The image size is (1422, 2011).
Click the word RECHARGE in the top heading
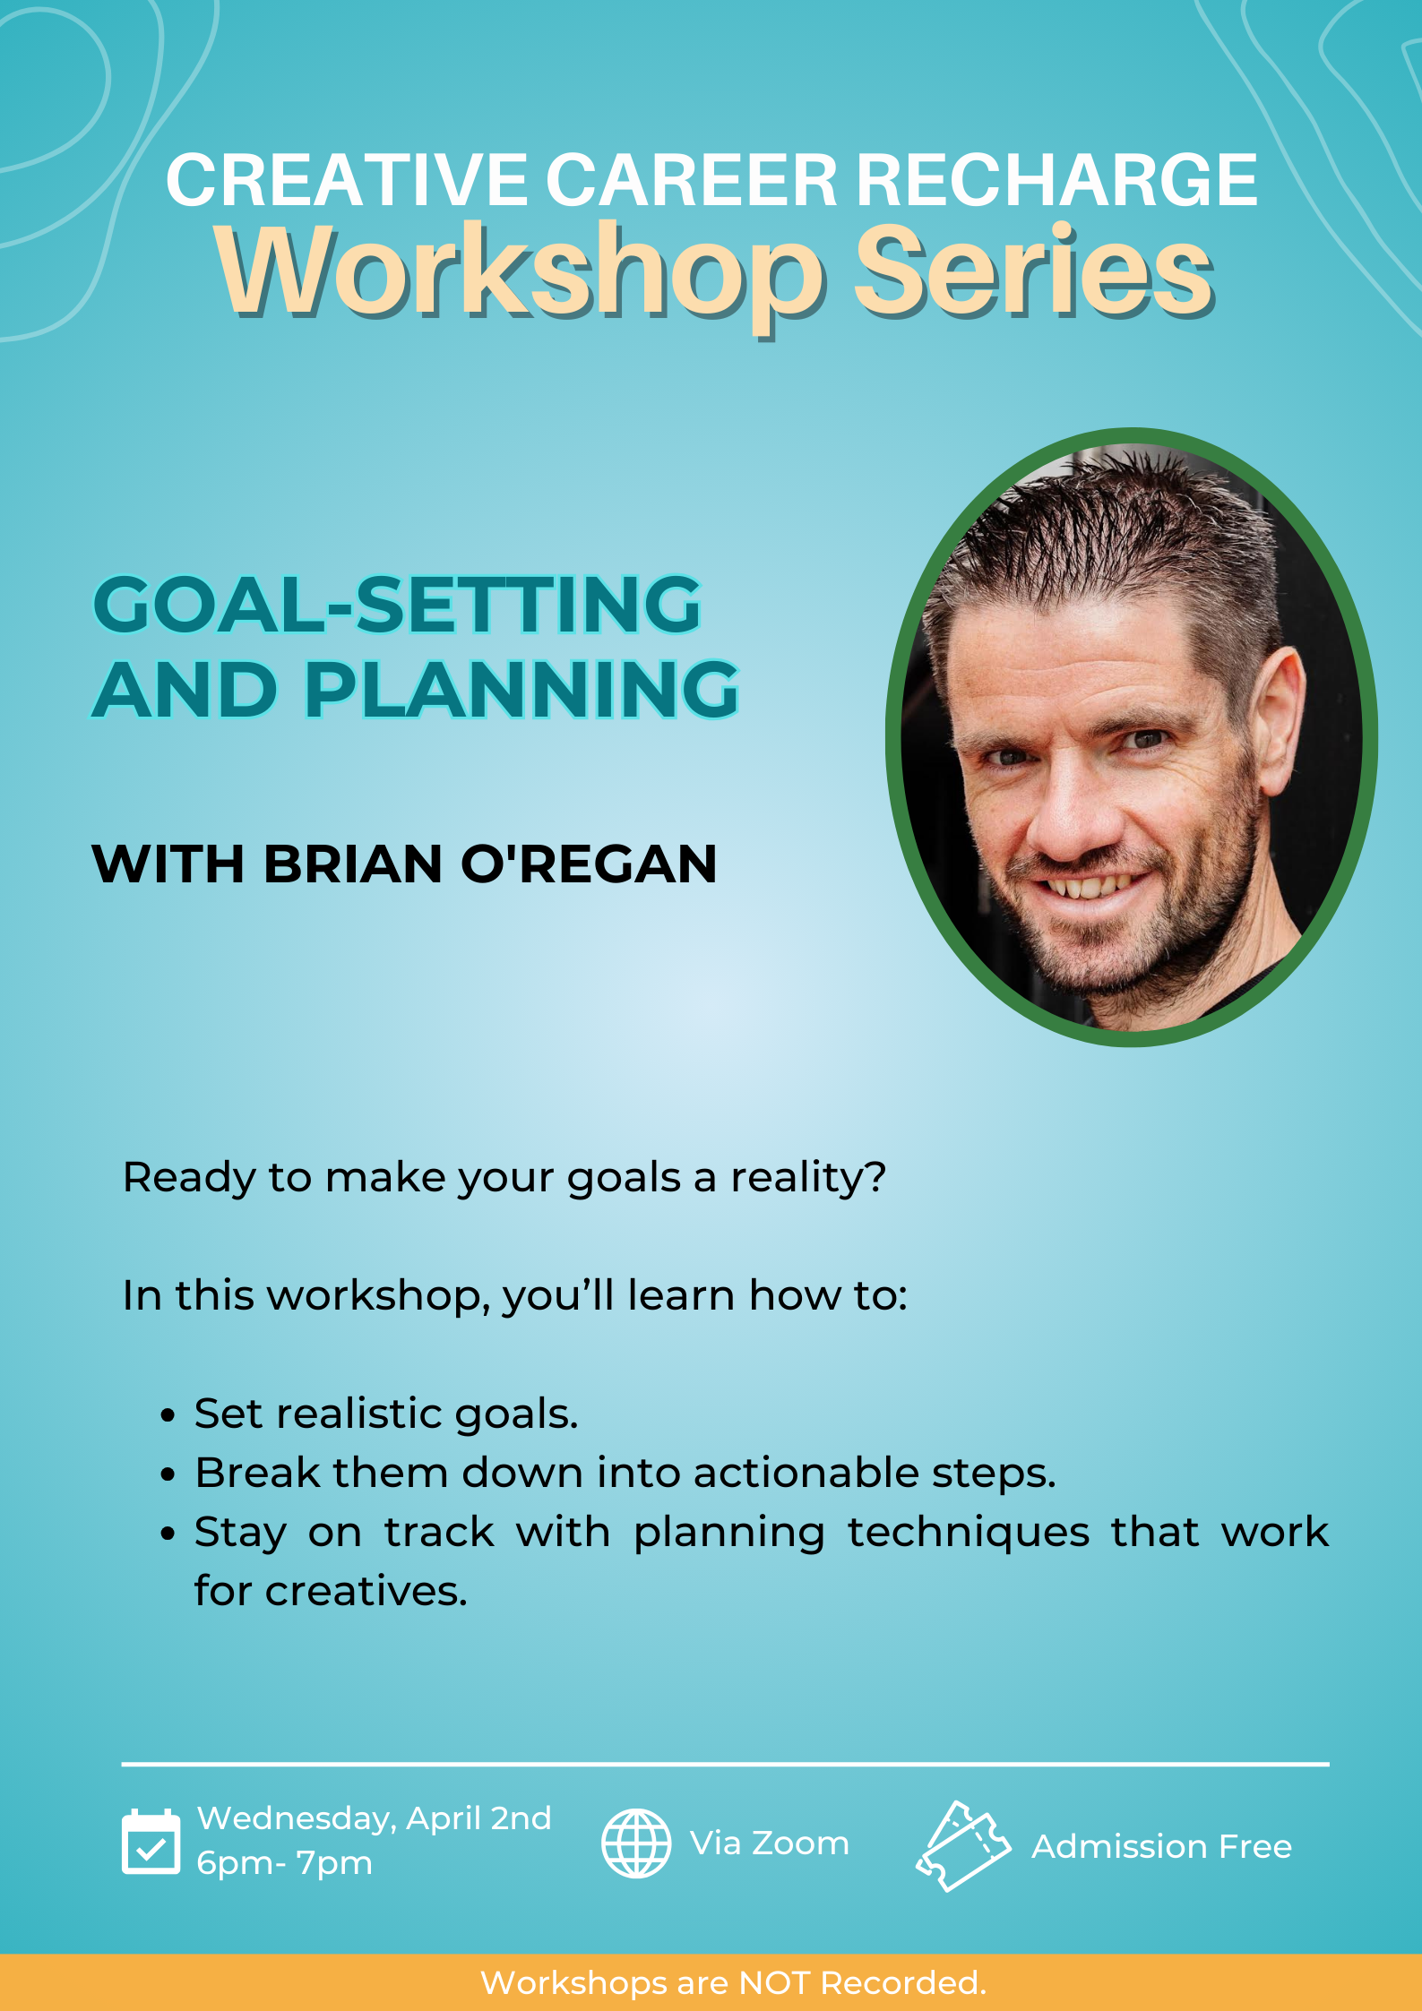[x=1056, y=180]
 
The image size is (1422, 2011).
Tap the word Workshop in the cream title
[x=519, y=272]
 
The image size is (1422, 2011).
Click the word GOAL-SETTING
[x=397, y=605]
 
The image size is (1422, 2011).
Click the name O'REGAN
[x=589, y=864]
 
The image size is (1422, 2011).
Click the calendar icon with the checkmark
[x=151, y=1842]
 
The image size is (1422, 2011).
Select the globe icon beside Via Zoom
[x=636, y=1843]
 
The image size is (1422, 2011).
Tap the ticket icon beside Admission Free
[x=963, y=1845]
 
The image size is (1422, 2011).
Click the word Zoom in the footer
[x=800, y=1843]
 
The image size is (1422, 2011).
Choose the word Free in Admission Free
[x=1255, y=1846]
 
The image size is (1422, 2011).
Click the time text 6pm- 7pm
[x=284, y=1864]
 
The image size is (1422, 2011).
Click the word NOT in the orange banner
[x=775, y=1983]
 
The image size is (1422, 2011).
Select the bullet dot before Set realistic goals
[x=168, y=1415]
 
